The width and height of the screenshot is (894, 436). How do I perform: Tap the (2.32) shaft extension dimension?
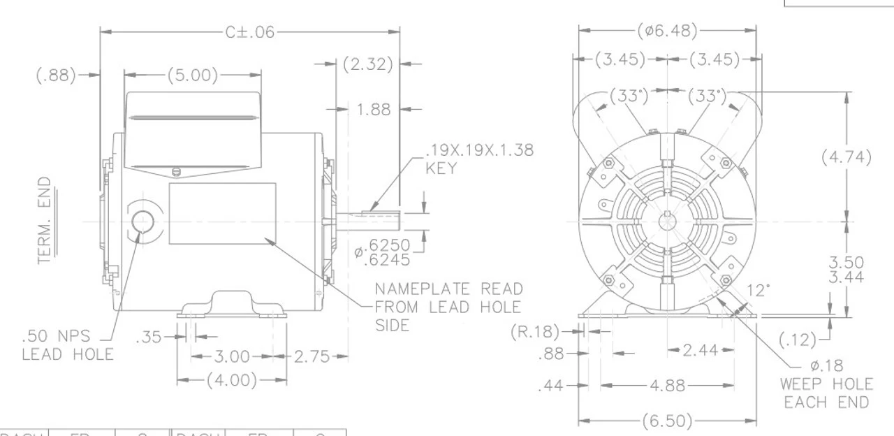368,64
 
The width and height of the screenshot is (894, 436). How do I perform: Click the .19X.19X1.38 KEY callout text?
480,160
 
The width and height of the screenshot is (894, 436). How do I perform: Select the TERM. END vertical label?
45,220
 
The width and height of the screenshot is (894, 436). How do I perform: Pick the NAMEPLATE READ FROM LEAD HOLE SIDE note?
448,307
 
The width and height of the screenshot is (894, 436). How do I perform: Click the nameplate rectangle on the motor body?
222,213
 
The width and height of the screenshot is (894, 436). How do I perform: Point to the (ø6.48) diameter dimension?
668,31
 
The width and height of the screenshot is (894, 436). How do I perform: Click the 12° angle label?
759,289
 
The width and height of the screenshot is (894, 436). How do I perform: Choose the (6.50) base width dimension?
668,421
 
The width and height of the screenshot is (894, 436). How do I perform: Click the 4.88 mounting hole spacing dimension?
666,386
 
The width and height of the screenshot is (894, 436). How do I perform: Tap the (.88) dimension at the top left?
57,75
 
